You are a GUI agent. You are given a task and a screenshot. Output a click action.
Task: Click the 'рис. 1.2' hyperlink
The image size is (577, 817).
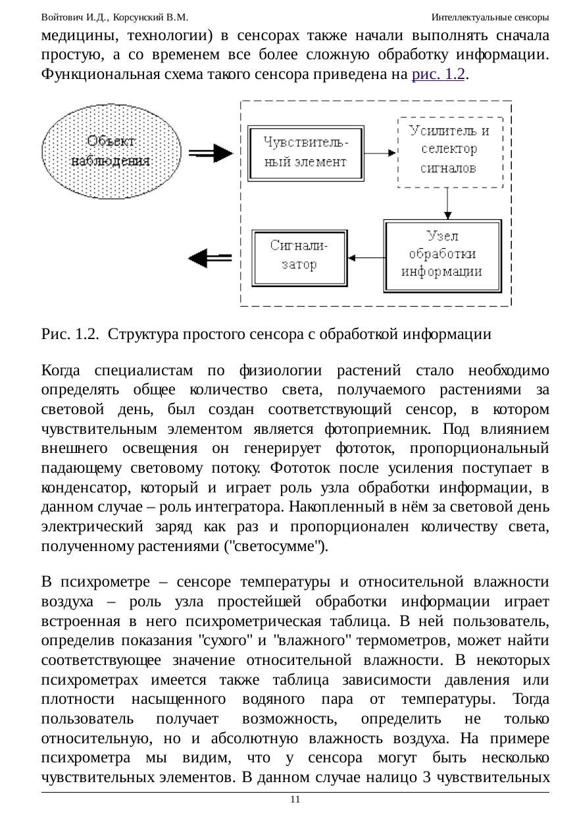(x=438, y=74)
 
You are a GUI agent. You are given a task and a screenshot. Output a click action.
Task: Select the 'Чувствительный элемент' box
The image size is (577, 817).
(x=306, y=152)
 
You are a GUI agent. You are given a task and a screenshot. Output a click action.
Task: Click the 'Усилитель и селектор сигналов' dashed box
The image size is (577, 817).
(x=449, y=149)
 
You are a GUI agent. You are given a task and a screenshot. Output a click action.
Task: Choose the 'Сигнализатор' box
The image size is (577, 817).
(x=299, y=255)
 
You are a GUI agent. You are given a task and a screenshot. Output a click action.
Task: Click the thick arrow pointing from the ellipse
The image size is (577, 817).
(x=211, y=153)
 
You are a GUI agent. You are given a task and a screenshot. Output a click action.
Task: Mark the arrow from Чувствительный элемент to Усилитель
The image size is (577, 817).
(x=381, y=153)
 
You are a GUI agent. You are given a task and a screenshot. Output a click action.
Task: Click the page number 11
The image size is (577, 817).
(x=295, y=799)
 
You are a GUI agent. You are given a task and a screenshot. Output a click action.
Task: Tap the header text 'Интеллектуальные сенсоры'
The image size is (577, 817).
(x=490, y=16)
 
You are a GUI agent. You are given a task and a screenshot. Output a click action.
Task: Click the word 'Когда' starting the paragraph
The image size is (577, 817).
(x=63, y=370)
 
